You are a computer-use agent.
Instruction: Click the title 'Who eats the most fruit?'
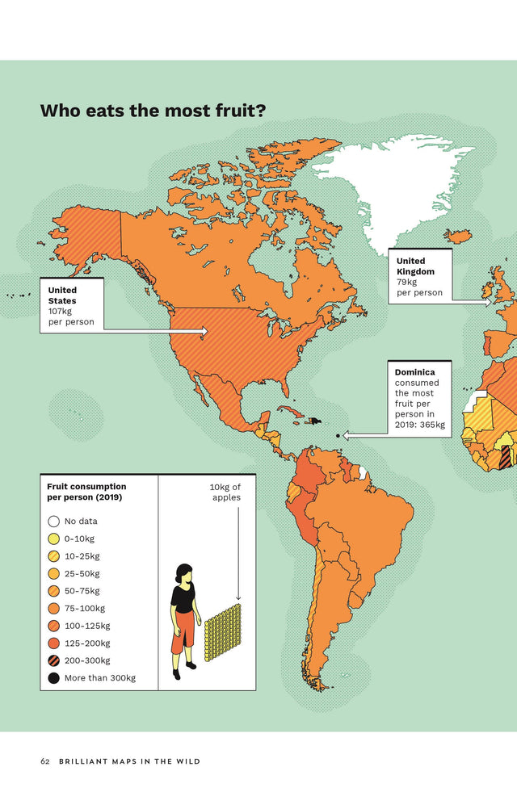(153, 111)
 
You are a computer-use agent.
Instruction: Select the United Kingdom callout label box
(419, 276)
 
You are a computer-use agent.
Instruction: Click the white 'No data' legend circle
(53, 522)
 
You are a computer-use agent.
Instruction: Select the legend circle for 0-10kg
(53, 538)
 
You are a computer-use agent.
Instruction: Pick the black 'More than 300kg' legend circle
(53, 678)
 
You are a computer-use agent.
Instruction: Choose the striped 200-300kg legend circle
(53, 660)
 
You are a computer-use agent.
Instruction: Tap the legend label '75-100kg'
(85, 609)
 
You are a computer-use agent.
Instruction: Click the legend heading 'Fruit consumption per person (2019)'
(86, 492)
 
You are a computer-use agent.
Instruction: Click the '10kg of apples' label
(225, 492)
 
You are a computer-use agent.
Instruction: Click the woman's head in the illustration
(184, 572)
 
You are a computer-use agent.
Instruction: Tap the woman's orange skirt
(183, 631)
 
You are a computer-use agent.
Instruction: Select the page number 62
(45, 761)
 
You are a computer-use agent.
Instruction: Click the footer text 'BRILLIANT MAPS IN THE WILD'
(129, 761)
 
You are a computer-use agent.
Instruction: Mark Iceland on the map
(458, 237)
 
